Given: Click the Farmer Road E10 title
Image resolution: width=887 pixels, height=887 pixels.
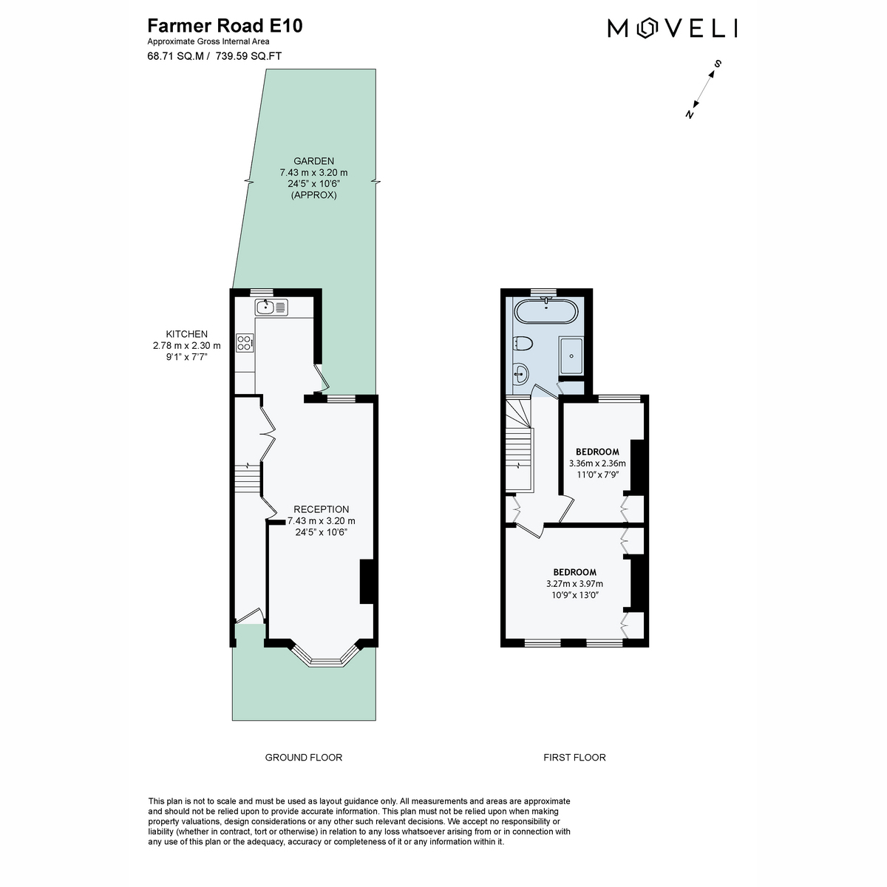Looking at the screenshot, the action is click(x=225, y=26).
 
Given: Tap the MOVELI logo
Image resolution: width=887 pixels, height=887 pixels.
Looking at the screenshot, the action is click(x=672, y=28).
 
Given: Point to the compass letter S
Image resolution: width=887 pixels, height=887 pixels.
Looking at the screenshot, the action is click(x=717, y=64).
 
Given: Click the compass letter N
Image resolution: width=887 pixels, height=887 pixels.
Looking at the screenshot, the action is click(x=690, y=114).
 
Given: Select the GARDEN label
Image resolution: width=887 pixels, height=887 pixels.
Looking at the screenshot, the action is click(x=313, y=161).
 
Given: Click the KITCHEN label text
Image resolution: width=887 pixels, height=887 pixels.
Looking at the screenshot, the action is click(x=186, y=334).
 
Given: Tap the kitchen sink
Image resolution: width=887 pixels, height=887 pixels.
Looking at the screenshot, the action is click(x=271, y=307).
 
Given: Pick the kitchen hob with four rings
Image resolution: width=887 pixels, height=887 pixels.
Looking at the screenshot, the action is click(x=245, y=342).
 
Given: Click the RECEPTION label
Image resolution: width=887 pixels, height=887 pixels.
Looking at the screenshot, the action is click(x=321, y=509).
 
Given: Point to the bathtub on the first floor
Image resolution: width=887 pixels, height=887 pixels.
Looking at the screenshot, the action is click(x=546, y=312).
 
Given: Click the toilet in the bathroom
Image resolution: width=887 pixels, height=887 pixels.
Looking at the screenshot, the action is click(x=523, y=344).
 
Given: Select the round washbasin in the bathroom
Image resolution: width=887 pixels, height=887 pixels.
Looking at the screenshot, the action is click(x=520, y=373).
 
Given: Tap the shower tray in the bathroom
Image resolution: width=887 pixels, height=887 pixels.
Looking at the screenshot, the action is click(x=571, y=356).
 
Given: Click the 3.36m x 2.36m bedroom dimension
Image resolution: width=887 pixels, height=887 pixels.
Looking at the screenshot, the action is click(x=597, y=463).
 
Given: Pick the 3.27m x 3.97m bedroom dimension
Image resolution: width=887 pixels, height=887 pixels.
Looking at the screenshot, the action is click(x=574, y=584).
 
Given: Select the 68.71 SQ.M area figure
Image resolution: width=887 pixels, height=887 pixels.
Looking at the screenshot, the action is click(x=175, y=56).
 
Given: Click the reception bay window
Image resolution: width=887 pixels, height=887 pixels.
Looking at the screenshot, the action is click(x=324, y=655).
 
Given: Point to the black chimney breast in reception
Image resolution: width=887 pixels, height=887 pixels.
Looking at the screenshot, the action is click(x=367, y=582).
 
